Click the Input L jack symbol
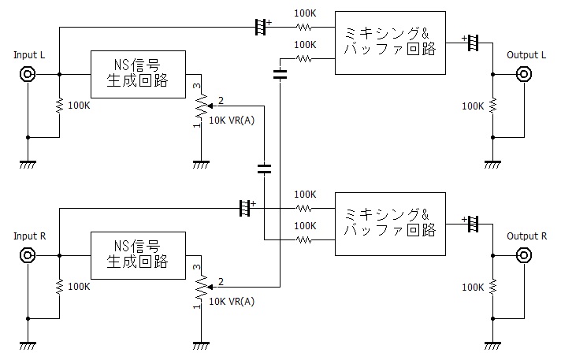[28, 75]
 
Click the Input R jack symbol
[28, 255]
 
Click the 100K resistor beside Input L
[59, 105]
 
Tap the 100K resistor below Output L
[492, 105]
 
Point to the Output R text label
[526, 236]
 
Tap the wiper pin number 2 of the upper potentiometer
[221, 101]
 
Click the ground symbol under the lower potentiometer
[200, 344]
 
